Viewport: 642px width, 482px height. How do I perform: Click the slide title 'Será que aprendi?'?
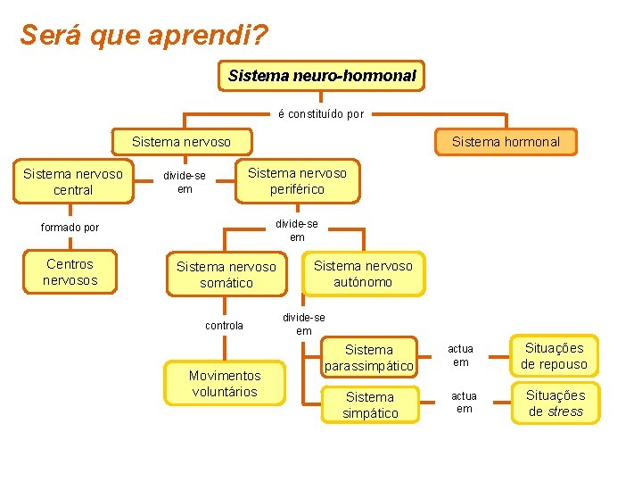[x=143, y=36]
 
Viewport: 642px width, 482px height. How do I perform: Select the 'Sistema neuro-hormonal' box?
[x=321, y=76]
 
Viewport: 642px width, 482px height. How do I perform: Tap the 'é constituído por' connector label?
[x=321, y=114]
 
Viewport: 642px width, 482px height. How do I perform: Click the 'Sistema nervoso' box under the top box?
[x=181, y=141]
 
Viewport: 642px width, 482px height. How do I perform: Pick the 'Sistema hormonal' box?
[x=506, y=141]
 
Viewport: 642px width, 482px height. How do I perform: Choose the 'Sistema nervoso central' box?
[x=73, y=181]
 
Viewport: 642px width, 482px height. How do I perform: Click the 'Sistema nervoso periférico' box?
[x=297, y=180]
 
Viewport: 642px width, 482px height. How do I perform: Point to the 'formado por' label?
[x=70, y=227]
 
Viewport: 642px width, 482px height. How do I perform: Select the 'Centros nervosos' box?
[x=70, y=272]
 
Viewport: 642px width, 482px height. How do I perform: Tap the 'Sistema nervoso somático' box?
[x=226, y=275]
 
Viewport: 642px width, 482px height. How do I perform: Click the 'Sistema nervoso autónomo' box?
[x=363, y=274]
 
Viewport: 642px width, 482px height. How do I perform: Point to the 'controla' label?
[x=224, y=326]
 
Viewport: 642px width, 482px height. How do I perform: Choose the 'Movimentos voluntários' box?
[x=225, y=384]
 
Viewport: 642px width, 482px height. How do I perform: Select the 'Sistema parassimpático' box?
[x=368, y=358]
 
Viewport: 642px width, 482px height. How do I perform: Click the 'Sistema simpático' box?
[x=369, y=404]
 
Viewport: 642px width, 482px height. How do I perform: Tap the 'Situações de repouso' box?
[x=554, y=356]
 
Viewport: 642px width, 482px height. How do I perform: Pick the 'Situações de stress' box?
[x=555, y=403]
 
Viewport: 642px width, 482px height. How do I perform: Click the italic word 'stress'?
[x=565, y=411]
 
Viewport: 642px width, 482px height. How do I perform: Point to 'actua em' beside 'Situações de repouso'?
[x=460, y=355]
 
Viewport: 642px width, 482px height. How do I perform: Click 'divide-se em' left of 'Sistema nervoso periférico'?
[x=185, y=182]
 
